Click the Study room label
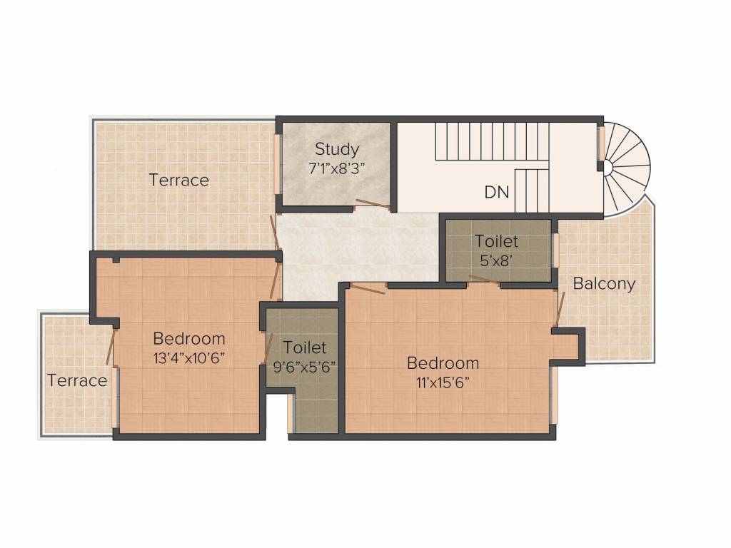tap(337, 149)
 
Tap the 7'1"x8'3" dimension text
tap(337, 168)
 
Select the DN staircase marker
tap(497, 192)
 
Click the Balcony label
tap(604, 284)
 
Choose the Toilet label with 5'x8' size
tap(496, 241)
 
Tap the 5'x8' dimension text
tap(497, 260)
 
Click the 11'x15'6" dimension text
tap(443, 383)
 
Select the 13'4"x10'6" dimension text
tap(189, 358)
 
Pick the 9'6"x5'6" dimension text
tap(304, 367)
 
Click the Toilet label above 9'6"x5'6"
tap(304, 347)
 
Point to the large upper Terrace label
tap(178, 180)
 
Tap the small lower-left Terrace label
tap(77, 380)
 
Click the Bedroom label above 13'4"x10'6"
tap(188, 338)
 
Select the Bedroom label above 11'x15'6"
tap(443, 363)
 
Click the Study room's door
tap(373, 203)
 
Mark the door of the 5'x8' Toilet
tap(484, 279)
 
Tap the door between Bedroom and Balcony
tap(560, 308)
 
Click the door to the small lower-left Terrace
tap(111, 346)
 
